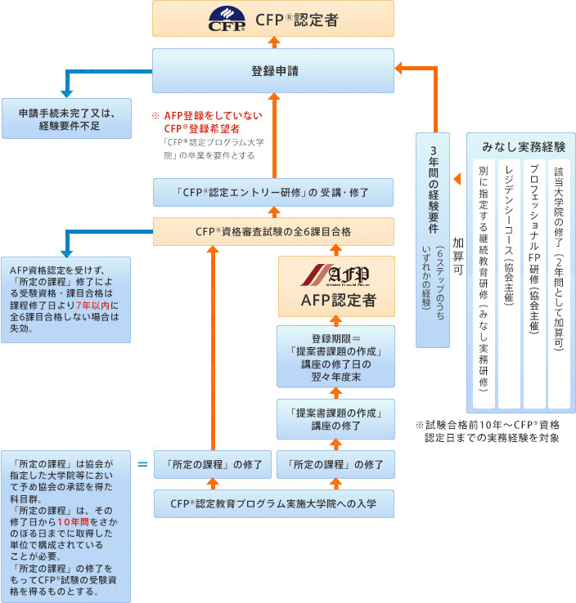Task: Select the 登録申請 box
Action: tap(273, 71)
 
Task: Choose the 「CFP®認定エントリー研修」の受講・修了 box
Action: tap(273, 194)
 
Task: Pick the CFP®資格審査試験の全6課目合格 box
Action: tap(273, 231)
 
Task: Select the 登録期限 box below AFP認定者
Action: tap(335, 356)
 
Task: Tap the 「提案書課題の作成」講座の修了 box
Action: tap(335, 419)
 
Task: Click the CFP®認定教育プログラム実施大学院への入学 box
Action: tap(273, 503)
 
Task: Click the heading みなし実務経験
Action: tap(524, 147)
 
